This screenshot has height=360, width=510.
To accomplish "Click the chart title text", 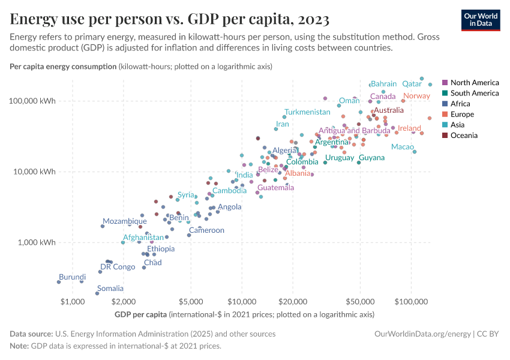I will coord(170,20).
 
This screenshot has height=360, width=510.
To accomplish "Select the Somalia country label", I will coord(110,289).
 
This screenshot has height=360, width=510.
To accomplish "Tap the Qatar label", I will coord(412,84).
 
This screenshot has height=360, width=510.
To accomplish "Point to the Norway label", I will coord(416,96).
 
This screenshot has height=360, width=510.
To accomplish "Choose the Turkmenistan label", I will coord(307,112).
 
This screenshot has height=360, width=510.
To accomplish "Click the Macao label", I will coord(402,147).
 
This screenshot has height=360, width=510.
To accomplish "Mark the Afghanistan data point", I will coord(123,242).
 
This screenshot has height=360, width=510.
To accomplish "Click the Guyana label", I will coord(371,158).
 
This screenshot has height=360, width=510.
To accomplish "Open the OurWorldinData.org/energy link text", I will coord(422,334).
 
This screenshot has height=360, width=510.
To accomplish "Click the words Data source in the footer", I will coord(31,334).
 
